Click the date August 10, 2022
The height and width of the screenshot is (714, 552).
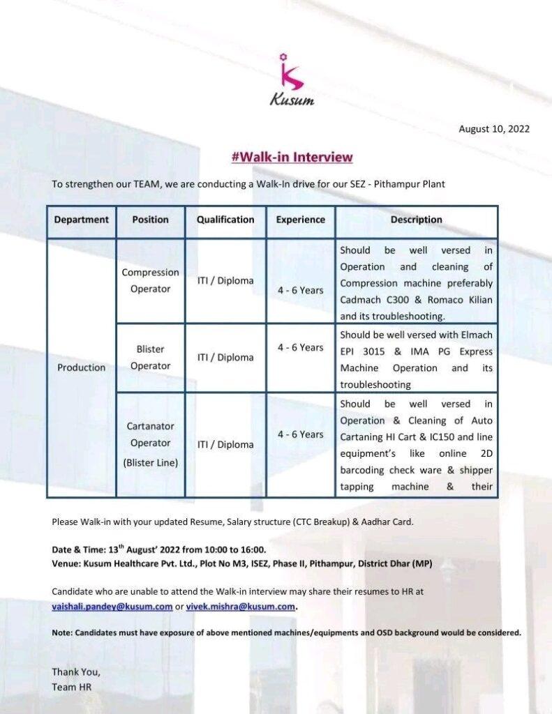click(493, 129)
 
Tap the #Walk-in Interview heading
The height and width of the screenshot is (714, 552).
click(292, 157)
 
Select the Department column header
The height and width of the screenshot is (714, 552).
click(82, 220)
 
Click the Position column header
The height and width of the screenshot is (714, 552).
click(151, 220)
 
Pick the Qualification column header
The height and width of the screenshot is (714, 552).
click(225, 220)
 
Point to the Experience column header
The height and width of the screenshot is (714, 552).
click(301, 220)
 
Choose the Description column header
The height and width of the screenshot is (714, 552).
click(416, 220)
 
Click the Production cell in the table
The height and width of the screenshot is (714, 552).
click(82, 367)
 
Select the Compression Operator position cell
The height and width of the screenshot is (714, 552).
click(151, 280)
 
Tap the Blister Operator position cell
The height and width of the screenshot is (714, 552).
click(151, 358)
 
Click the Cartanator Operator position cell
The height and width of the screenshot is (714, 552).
click(151, 443)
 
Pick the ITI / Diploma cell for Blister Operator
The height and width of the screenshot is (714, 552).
click(225, 358)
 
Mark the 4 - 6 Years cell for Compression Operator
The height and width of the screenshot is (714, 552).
click(301, 290)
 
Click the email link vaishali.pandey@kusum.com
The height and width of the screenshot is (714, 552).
click(112, 607)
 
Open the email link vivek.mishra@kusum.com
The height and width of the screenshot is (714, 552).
click(241, 607)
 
